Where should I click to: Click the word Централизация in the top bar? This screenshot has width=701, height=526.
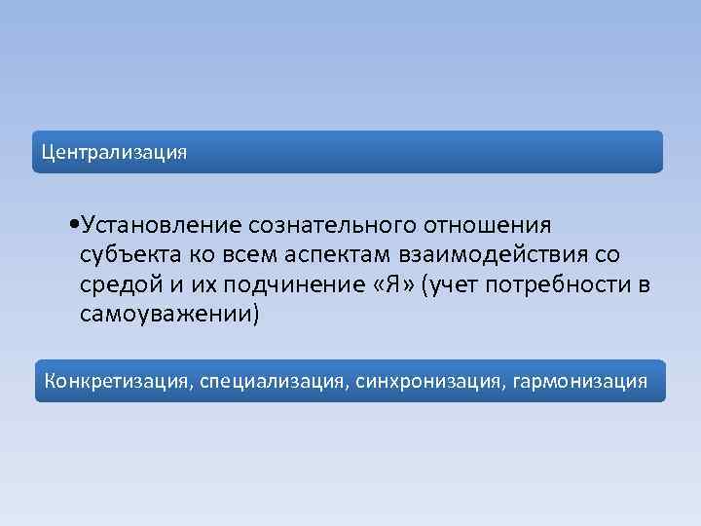point(113,153)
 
